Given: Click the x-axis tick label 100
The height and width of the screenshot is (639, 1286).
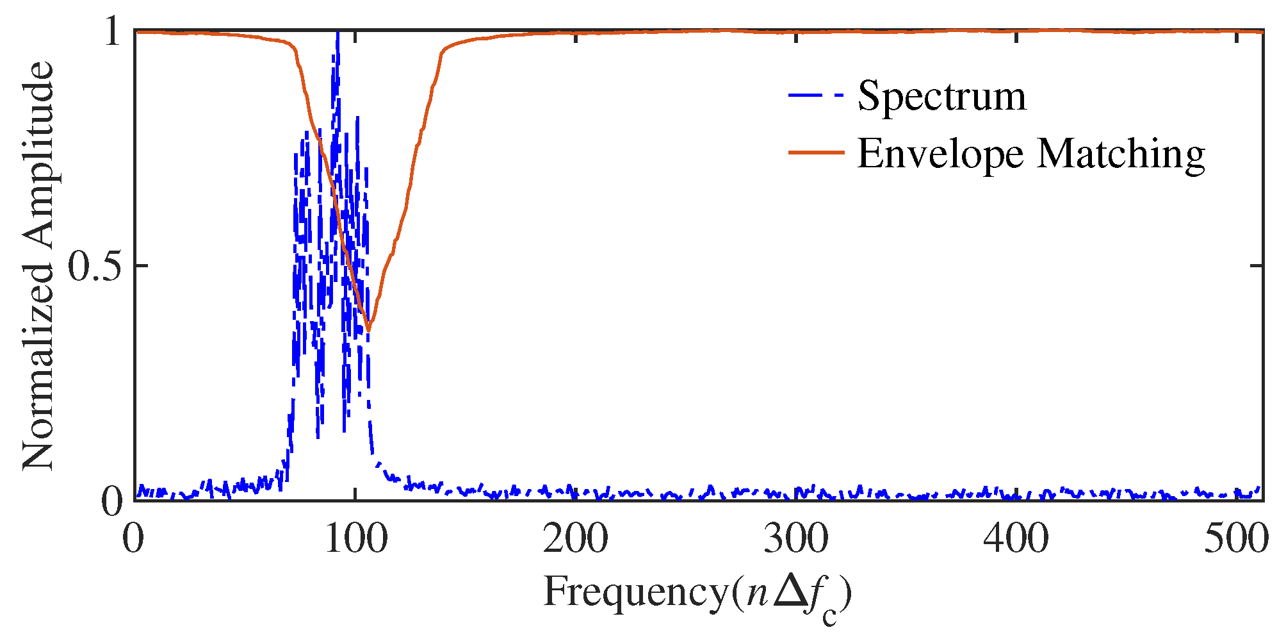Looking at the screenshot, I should pyautogui.click(x=355, y=539).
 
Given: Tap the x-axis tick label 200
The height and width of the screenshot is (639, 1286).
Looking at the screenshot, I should pyautogui.click(x=575, y=539).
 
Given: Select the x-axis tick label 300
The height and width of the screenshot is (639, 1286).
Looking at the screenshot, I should pyautogui.click(x=795, y=539).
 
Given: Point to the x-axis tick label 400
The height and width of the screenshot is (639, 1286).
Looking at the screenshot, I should pyautogui.click(x=1016, y=539).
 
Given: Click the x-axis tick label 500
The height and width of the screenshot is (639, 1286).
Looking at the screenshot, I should pyautogui.click(x=1236, y=539).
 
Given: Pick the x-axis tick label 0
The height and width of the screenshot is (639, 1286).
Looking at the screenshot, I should pyautogui.click(x=133, y=539).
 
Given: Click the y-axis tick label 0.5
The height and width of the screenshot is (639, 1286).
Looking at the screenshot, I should pyautogui.click(x=94, y=265).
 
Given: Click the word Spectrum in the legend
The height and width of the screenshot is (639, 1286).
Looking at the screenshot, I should pyautogui.click(x=941, y=97).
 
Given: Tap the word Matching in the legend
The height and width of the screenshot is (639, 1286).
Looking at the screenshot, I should pyautogui.click(x=1120, y=155).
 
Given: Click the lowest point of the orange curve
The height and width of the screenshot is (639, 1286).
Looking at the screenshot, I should pyautogui.click(x=368, y=330).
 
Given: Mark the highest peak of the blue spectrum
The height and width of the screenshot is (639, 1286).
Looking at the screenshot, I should pyautogui.click(x=338, y=33).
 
